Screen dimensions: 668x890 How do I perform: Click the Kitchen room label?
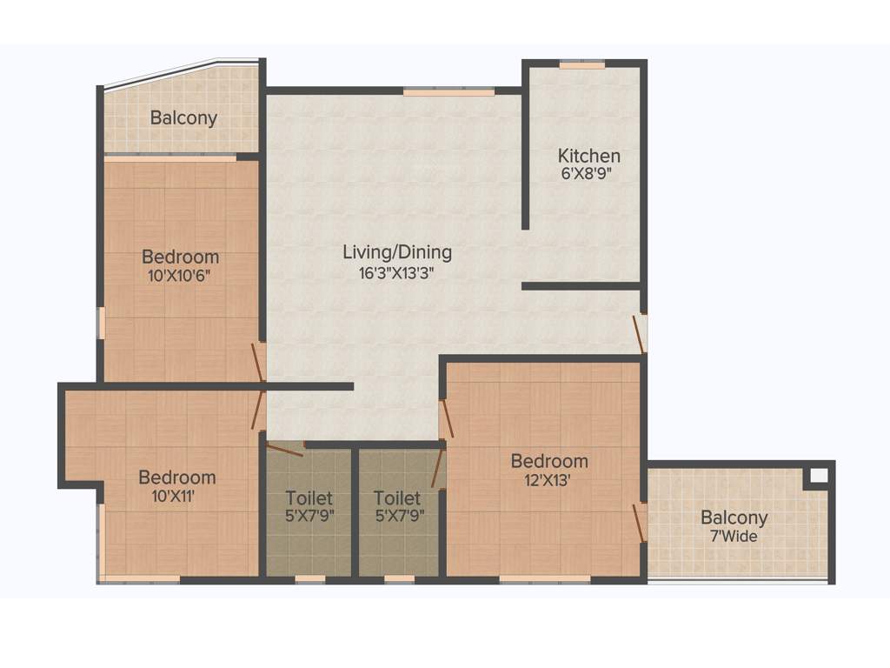pyautogui.click(x=588, y=156)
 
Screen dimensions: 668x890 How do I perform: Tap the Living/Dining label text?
pyautogui.click(x=397, y=252)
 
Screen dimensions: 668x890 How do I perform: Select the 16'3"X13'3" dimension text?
pyautogui.click(x=397, y=272)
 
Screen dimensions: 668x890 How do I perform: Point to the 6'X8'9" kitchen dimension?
pyautogui.click(x=588, y=173)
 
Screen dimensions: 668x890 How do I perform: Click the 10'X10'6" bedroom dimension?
pyautogui.click(x=180, y=276)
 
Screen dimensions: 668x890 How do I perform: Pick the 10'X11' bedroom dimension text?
pyautogui.click(x=176, y=496)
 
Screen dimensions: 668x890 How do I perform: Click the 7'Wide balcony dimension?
pyautogui.click(x=734, y=537)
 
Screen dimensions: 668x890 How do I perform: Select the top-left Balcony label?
pyautogui.click(x=183, y=117)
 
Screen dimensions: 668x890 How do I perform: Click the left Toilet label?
pyautogui.click(x=309, y=498)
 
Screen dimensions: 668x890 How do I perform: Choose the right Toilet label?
pyautogui.click(x=397, y=498)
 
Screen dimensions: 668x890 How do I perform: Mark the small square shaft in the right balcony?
pyautogui.click(x=817, y=475)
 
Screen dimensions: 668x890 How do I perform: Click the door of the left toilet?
pyautogui.click(x=284, y=449)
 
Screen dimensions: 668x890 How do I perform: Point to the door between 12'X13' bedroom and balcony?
pyautogui.click(x=639, y=522)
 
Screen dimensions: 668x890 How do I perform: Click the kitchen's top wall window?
pyautogui.click(x=582, y=64)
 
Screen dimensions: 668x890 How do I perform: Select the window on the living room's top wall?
pyautogui.click(x=448, y=91)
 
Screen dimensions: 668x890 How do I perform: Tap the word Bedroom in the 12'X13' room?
pyautogui.click(x=548, y=461)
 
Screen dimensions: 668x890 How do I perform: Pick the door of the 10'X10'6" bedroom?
pyautogui.click(x=257, y=362)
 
